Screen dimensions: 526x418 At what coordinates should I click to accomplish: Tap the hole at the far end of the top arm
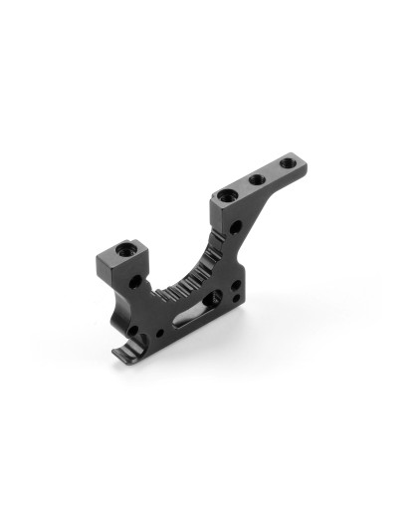(x=287, y=160)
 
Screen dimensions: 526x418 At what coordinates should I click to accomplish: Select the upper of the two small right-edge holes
(x=235, y=283)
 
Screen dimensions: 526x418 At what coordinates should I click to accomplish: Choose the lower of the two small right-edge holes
(x=233, y=298)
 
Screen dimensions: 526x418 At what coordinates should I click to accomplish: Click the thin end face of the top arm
(x=303, y=163)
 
